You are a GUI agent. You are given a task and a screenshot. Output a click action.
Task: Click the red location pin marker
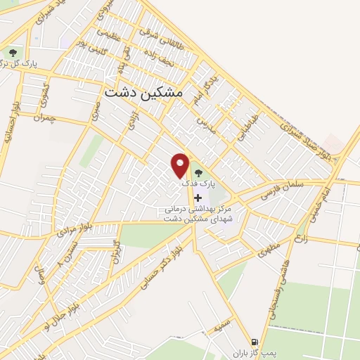(x=181, y=165)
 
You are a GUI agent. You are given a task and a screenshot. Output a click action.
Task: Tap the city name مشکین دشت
(x=143, y=92)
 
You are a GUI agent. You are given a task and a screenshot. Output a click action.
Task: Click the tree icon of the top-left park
(x=13, y=53)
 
